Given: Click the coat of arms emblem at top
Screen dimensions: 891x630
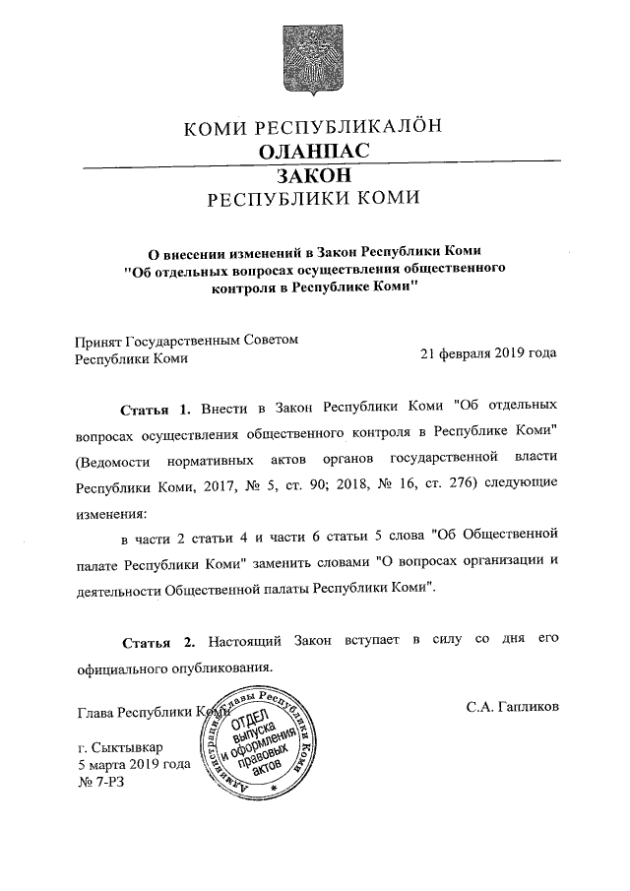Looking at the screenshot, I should coord(314,61).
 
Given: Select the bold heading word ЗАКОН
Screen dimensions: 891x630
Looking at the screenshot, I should coord(314,175).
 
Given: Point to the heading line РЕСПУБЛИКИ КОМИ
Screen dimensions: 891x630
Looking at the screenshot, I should coord(314,200).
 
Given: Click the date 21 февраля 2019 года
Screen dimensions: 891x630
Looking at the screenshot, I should coord(488,353).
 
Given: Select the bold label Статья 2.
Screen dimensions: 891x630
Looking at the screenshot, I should coord(157,642).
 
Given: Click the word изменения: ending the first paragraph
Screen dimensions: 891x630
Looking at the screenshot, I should coord(111,513).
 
